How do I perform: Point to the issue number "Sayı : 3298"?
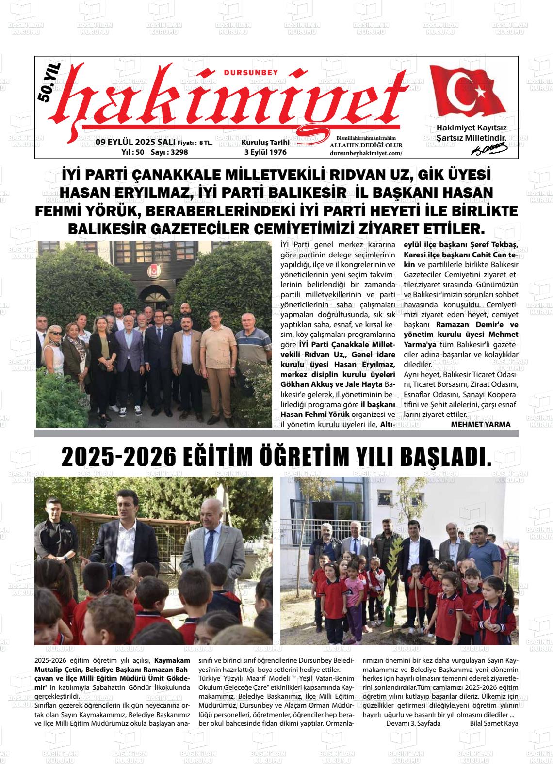click(x=169, y=152)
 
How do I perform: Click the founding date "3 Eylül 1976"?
click(x=265, y=152)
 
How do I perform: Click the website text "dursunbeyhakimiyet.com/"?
click(x=366, y=153)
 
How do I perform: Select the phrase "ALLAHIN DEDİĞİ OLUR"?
click(x=366, y=145)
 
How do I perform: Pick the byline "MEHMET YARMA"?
click(x=481, y=424)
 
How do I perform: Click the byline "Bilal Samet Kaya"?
click(x=494, y=723)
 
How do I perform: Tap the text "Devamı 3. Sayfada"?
click(x=413, y=723)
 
